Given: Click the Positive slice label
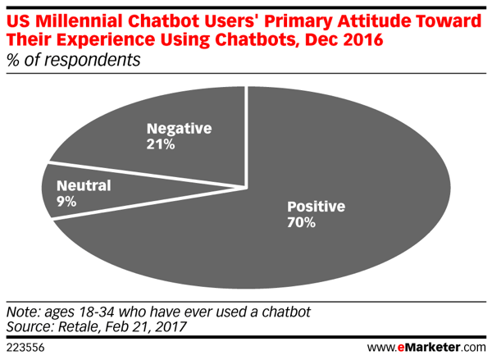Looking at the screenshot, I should (x=315, y=206).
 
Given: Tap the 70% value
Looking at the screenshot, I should (x=301, y=222).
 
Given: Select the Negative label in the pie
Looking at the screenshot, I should (x=179, y=129).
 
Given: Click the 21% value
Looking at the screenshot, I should (x=160, y=145).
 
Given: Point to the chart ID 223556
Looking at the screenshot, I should (x=25, y=348).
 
